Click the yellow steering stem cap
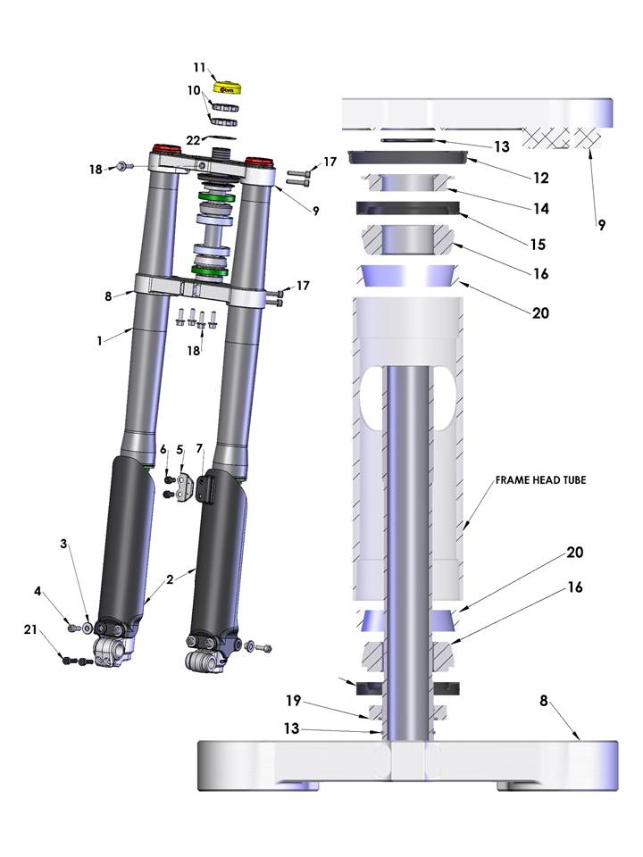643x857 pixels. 228,88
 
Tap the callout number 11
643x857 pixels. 199,68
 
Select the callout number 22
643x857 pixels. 193,140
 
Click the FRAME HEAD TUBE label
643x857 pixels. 540,480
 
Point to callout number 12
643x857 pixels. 541,178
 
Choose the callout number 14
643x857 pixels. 541,208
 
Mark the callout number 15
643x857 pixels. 538,245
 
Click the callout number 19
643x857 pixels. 294,700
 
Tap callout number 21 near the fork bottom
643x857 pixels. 30,629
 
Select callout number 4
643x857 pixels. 38,591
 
